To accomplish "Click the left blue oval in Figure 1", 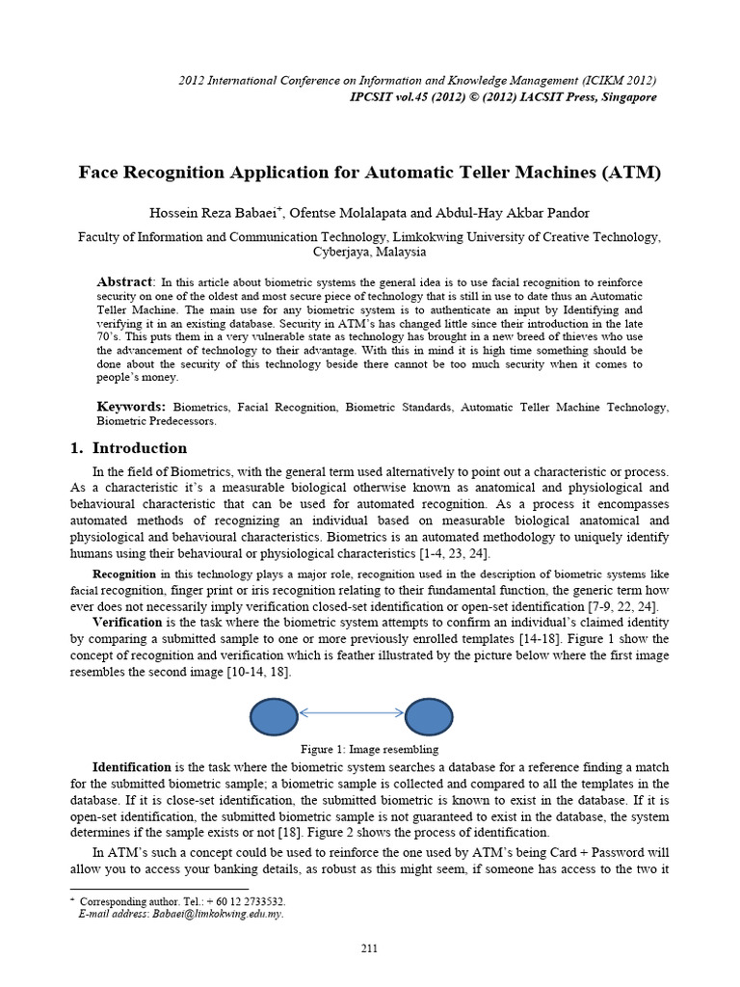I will coord(275,716).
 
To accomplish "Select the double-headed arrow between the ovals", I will coord(352,712).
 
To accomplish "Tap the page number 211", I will coord(369,949).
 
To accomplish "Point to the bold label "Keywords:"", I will coord(132,407).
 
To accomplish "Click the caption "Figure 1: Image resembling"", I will coord(370,749).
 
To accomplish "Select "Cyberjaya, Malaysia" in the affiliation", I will coord(370,252).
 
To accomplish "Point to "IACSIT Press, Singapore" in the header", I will coord(580,97).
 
